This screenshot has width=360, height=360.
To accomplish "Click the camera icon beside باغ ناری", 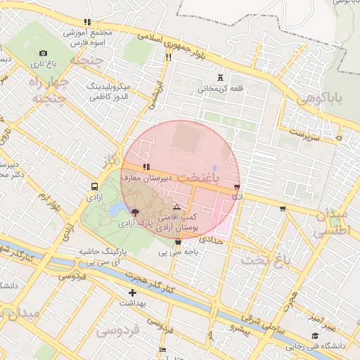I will (x=43, y=53).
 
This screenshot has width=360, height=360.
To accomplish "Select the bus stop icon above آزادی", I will (x=94, y=187).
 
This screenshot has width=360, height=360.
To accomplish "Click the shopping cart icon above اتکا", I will (x=237, y=187).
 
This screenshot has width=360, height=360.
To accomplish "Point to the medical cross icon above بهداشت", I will (x=132, y=292).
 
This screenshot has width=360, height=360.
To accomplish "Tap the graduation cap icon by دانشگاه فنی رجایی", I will (x=314, y=336).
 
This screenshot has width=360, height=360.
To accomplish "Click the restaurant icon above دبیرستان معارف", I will (x=146, y=167).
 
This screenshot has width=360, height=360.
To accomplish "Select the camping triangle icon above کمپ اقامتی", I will (x=176, y=207).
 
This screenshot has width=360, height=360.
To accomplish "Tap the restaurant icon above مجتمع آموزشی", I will (x=87, y=22).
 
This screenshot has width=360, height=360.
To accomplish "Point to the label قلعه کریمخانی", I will (x=222, y=89).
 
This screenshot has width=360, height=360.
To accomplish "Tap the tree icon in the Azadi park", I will (x=135, y=211).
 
